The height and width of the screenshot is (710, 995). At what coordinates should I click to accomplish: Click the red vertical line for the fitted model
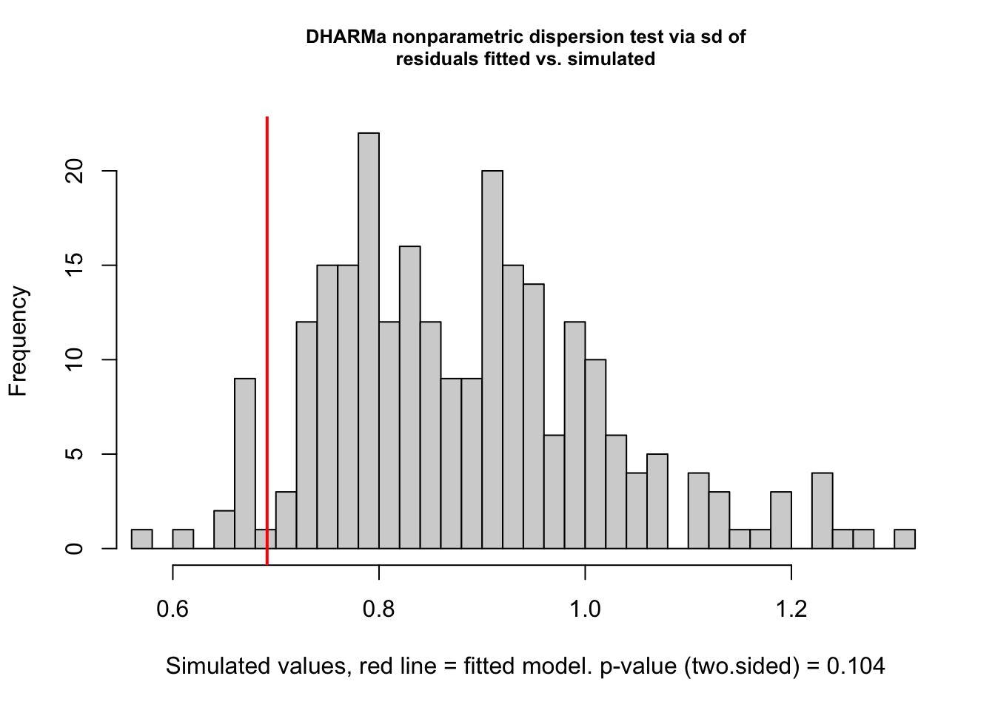tap(267, 333)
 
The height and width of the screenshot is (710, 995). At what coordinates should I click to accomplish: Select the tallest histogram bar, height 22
tap(369, 340)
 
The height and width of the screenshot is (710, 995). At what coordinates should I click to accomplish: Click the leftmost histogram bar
tap(141, 539)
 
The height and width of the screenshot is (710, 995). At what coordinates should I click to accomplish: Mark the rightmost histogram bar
tap(904, 539)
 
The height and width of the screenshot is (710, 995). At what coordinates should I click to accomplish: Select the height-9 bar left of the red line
tap(245, 463)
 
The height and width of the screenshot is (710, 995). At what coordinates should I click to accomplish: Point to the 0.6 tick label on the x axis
tap(172, 609)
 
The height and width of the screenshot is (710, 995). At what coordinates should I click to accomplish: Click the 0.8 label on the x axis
tap(379, 609)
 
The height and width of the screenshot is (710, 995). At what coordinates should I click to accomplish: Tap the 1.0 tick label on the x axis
tap(585, 609)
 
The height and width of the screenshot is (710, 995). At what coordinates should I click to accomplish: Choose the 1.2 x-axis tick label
tap(791, 609)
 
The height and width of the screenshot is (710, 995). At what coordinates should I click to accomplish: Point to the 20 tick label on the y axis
tap(75, 171)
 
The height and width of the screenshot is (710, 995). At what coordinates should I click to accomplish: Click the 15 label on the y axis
tap(75, 266)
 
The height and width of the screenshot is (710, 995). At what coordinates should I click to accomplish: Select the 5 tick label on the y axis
tap(75, 454)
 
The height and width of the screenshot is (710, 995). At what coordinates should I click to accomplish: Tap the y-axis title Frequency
tap(18, 341)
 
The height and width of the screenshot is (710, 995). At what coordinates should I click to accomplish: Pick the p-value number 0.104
tap(856, 666)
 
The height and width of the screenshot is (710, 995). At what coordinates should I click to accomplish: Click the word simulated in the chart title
tap(612, 59)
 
